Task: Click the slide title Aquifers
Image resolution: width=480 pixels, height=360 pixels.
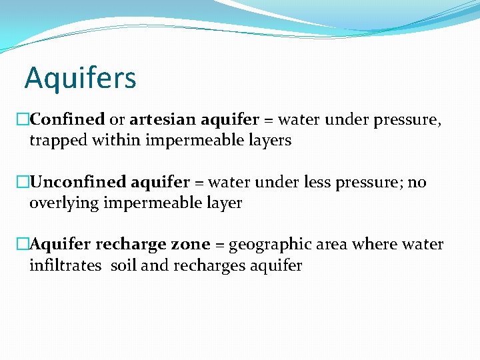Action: (80, 78)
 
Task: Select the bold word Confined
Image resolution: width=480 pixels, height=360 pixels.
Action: (67, 120)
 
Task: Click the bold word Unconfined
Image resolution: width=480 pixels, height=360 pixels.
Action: (79, 183)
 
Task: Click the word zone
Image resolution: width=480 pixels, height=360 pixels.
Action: (190, 245)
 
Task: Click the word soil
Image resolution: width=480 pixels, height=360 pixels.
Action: (124, 266)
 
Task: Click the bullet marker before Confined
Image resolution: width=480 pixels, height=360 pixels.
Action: (23, 120)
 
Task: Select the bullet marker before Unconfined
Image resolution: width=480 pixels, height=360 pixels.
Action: (23, 183)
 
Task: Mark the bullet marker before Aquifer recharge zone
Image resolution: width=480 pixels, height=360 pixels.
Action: (23, 245)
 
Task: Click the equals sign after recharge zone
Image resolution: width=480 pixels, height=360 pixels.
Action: (219, 245)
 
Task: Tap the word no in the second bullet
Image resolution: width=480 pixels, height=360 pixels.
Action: (417, 183)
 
